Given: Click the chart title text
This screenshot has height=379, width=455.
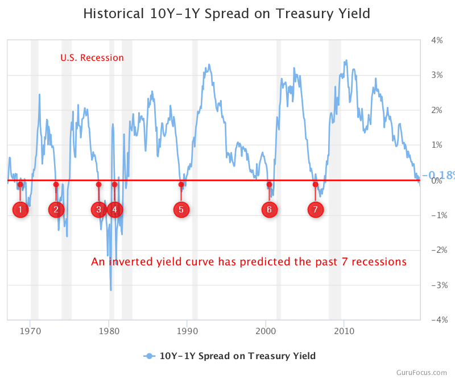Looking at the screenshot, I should coord(226,14).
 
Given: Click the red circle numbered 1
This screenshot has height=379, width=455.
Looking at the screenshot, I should coord(20,210).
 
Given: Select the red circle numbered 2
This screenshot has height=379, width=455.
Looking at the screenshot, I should coord(56,210).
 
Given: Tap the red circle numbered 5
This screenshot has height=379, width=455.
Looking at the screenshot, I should coord(181,210).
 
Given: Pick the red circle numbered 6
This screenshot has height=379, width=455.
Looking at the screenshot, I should coord(269,210).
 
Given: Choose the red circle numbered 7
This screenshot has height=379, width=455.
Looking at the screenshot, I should coord(316,210).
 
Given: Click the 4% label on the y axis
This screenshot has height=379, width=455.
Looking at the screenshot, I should coord(437,40).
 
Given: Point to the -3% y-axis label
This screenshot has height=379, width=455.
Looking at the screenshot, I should coord(436,285).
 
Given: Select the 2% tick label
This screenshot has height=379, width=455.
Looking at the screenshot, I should coord(437,110).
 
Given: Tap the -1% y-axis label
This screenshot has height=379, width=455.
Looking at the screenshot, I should coord(436,215).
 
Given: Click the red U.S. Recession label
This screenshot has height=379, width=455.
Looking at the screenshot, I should coord(92,58).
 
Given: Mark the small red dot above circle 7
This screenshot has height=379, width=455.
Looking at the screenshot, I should coord(316,185).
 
